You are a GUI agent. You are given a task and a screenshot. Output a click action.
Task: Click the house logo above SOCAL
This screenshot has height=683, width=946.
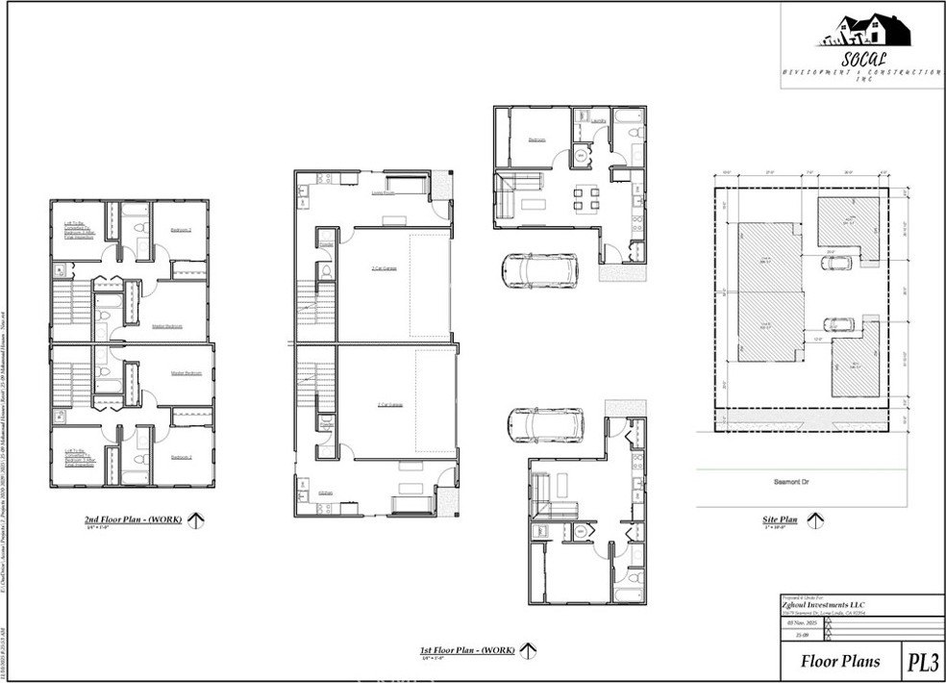click(863, 31)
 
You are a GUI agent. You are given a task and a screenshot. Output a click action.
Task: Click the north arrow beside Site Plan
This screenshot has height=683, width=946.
click(816, 521)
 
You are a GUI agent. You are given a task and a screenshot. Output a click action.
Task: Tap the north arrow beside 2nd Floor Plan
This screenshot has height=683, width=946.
click(197, 520)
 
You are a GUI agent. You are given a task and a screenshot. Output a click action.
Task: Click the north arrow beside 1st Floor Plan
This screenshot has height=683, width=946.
click(528, 651)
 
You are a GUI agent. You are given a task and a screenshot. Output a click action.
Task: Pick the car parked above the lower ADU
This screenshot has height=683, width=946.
click(545, 423)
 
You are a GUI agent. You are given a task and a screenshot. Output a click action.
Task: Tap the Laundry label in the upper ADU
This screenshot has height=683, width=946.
click(598, 121)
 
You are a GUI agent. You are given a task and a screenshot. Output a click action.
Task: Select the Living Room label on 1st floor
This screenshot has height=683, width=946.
click(385, 192)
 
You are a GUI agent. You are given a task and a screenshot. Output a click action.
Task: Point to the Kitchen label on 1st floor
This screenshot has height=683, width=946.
click(326, 493)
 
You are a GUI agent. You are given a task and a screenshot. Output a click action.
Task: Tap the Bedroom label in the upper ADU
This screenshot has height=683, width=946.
click(535, 140)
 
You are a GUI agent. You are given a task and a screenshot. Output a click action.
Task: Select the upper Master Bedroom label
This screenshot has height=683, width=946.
click(168, 326)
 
